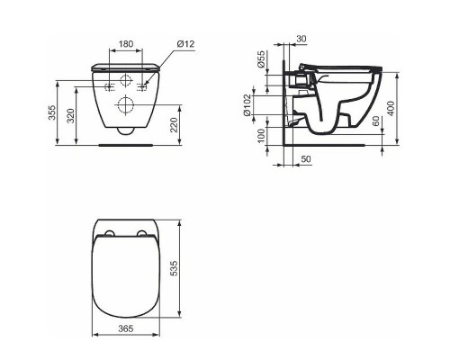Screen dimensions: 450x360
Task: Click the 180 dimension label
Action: click(x=126, y=44)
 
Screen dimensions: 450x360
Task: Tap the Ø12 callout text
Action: click(x=185, y=44)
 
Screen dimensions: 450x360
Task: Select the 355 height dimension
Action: click(x=52, y=112)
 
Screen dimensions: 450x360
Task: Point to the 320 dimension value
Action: click(x=71, y=116)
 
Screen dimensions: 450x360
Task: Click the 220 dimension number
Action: click(x=174, y=125)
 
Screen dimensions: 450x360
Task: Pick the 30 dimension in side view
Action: click(x=301, y=39)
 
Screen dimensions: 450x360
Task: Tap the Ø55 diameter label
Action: click(x=262, y=59)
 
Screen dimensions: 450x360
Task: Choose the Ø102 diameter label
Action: click(x=247, y=105)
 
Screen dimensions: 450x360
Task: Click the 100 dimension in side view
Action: click(x=262, y=136)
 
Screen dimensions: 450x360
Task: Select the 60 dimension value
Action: click(x=376, y=121)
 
